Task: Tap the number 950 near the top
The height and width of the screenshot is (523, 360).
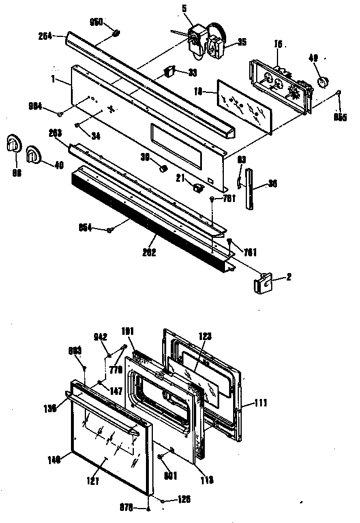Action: [96, 22]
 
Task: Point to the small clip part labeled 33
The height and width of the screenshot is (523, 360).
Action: [169, 71]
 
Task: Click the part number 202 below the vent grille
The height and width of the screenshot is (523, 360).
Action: [148, 252]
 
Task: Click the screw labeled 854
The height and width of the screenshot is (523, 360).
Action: [108, 230]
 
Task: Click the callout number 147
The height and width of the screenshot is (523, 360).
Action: [101, 382]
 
